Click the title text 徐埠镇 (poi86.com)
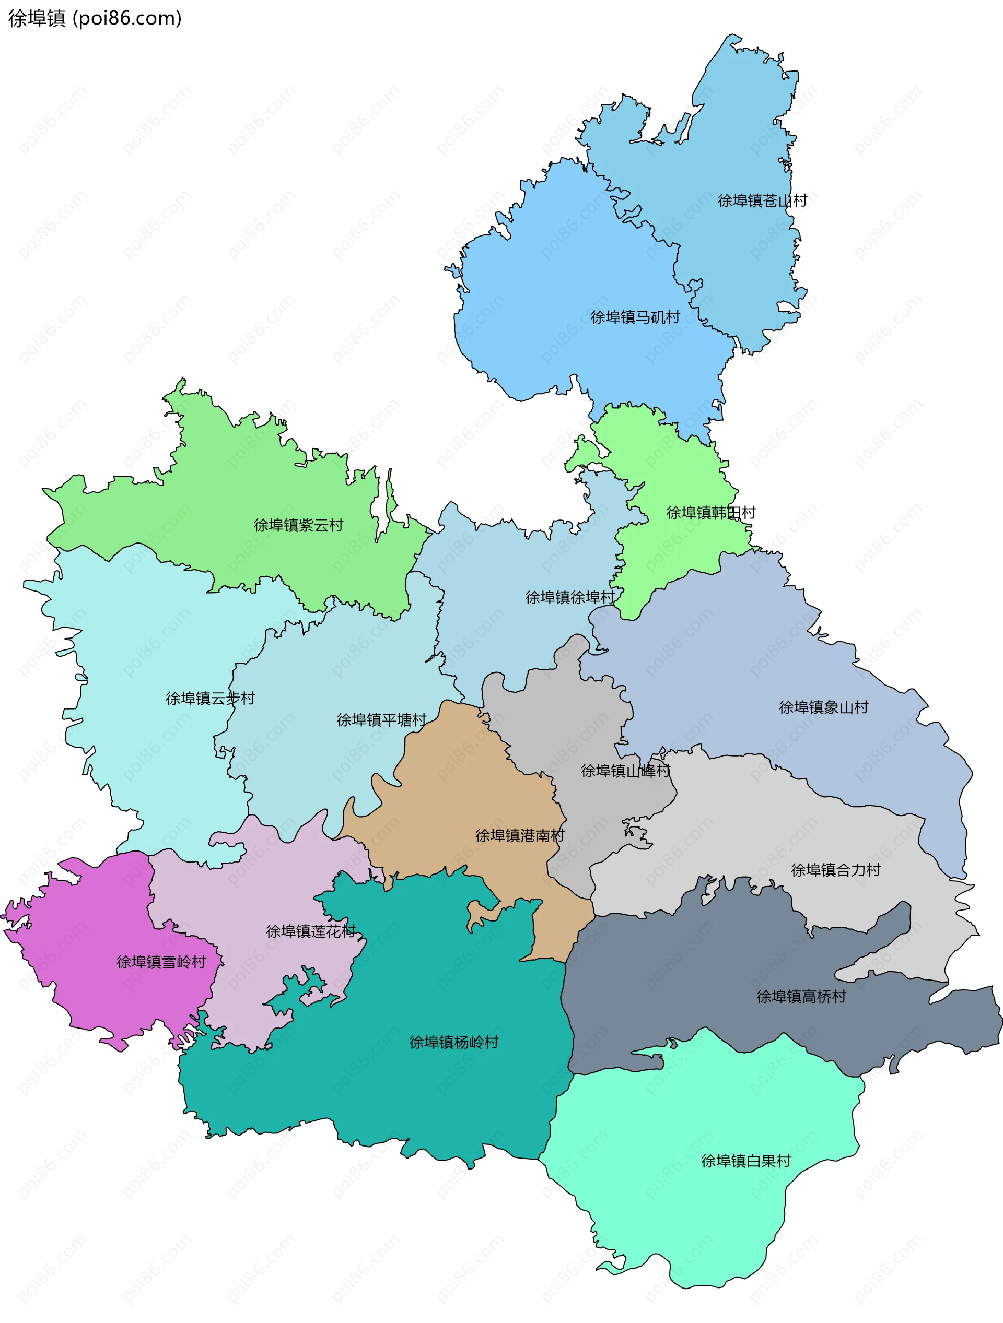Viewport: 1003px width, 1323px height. coord(95,19)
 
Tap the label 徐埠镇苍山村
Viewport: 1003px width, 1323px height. coord(762,201)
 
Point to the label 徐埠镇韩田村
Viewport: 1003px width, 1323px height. coord(711,513)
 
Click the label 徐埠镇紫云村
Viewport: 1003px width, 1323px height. coord(299,525)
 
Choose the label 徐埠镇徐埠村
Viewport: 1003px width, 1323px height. coord(570,597)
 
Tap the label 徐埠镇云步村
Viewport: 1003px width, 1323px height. coord(210,699)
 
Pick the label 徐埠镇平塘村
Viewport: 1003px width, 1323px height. coord(381,720)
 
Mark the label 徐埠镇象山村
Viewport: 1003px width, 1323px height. coord(823,707)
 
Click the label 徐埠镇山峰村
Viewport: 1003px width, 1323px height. coord(625,771)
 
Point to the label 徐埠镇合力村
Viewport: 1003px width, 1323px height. coord(835,870)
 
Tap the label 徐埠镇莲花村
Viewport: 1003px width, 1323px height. coord(311,931)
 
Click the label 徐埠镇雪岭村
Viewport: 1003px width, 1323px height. coord(161,962)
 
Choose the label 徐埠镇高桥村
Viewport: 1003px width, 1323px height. coord(801,997)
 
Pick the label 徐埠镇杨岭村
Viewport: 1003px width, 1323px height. coord(453,1043)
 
